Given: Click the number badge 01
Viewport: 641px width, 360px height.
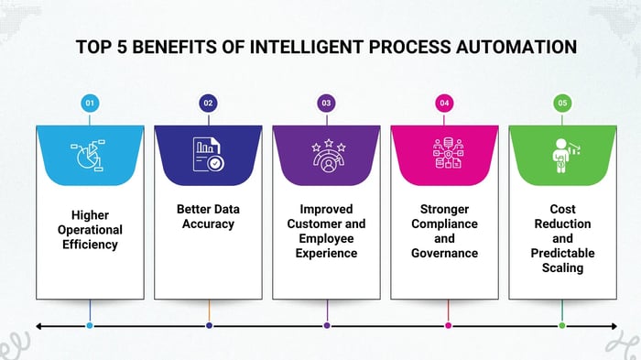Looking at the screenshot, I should coord(90,104).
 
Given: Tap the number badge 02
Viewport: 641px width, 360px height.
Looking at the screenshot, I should coord(208,104).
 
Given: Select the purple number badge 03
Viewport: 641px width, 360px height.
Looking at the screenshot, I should coord(326,104).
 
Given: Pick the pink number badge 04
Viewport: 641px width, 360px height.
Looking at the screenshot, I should coord(444,104).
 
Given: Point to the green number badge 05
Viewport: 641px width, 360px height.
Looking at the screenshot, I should coord(562,104).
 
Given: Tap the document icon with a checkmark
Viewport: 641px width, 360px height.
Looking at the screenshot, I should coord(208,155).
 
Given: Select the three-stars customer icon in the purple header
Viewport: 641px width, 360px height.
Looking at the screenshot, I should coord(326,155).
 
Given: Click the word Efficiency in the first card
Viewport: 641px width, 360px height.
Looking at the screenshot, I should coord(90,245).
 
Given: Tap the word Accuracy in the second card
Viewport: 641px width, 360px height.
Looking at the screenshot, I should coord(208,224).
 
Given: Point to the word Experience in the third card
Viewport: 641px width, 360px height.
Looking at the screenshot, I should coord(326,253).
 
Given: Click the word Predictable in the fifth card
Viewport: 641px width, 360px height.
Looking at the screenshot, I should coord(562,253).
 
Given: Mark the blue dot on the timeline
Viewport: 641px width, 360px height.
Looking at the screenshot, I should coord(90,325).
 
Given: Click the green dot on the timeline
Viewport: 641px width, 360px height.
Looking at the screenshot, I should coord(562,325).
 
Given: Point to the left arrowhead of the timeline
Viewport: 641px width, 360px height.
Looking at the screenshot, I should coord(39,325).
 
